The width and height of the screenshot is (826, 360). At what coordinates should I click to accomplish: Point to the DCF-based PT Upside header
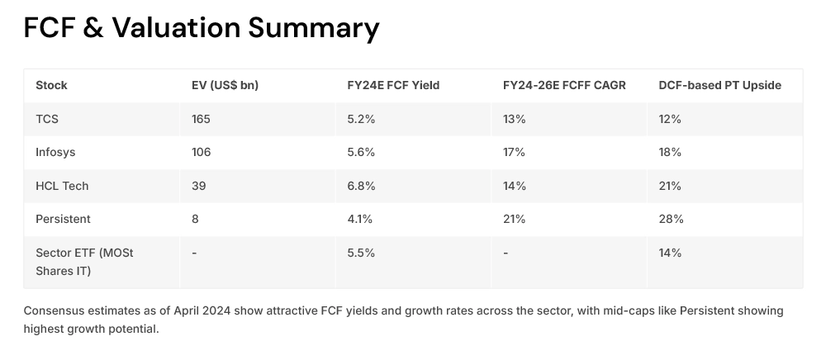coord(719,85)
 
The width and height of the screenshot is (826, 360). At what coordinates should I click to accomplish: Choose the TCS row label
coord(47,119)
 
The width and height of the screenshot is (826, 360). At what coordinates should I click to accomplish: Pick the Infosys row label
coord(55,152)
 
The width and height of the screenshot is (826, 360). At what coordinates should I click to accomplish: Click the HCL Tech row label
coord(62,186)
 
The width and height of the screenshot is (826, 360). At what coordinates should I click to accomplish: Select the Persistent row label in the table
coord(63,219)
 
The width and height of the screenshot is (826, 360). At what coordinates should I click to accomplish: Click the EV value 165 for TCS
coord(201,119)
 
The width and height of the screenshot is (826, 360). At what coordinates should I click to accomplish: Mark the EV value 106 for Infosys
coord(201,152)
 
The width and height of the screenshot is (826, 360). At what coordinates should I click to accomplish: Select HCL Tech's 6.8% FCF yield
coord(361,186)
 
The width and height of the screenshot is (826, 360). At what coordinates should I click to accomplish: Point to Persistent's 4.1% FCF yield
coord(360,219)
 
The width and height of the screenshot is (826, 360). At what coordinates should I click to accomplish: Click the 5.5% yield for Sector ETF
coord(361,253)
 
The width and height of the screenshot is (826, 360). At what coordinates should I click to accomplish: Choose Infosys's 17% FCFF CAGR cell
coord(514,152)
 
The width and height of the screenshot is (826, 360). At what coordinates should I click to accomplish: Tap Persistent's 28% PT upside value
coord(670,219)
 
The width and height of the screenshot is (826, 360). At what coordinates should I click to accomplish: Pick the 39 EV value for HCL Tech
coord(197,186)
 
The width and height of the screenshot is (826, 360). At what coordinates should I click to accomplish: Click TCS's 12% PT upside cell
coord(669,119)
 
